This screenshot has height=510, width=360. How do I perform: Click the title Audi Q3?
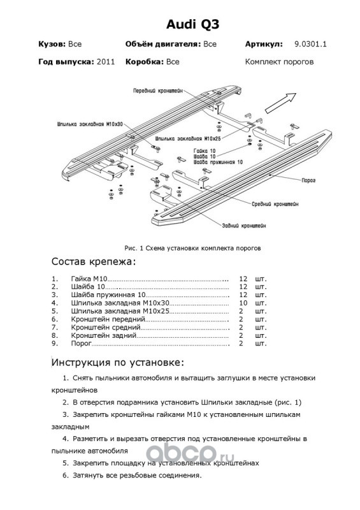pyautogui.click(x=192, y=24)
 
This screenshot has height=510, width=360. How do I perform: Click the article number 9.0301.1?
pyautogui.click(x=310, y=44)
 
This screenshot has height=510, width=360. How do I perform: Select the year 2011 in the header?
pyautogui.click(x=106, y=62)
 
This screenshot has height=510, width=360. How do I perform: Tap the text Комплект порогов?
pyautogui.click(x=279, y=62)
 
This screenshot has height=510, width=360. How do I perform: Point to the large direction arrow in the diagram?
pyautogui.click(x=280, y=103)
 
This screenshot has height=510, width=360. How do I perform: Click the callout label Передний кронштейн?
pyautogui.click(x=158, y=91)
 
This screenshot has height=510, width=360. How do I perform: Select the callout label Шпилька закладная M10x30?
pyautogui.click(x=90, y=124)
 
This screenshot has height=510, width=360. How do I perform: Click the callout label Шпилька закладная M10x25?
pyautogui.click(x=189, y=138)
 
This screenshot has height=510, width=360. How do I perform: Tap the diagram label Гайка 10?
pyautogui.click(x=205, y=151)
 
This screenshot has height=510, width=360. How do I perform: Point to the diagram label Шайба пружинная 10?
pyautogui.click(x=218, y=162)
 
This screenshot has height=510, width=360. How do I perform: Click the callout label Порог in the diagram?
pyautogui.click(x=308, y=180)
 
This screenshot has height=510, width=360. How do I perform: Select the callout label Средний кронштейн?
pyautogui.click(x=275, y=204)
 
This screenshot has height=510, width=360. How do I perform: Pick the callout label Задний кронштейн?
pyautogui.click(x=244, y=226)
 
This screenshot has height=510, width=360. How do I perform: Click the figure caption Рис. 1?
pyautogui.click(x=134, y=248)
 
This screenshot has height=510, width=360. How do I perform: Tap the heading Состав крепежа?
pyautogui.click(x=93, y=262)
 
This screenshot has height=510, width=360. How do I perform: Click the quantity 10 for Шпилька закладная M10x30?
pyautogui.click(x=243, y=303)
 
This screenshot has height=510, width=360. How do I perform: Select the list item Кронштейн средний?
pyautogui.click(x=106, y=328)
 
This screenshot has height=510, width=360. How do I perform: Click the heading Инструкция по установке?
pyautogui.click(x=118, y=363)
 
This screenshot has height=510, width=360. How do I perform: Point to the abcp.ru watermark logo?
pyautogui.click(x=189, y=453)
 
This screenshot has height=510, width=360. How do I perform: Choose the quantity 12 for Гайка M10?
pyautogui.click(x=243, y=279)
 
